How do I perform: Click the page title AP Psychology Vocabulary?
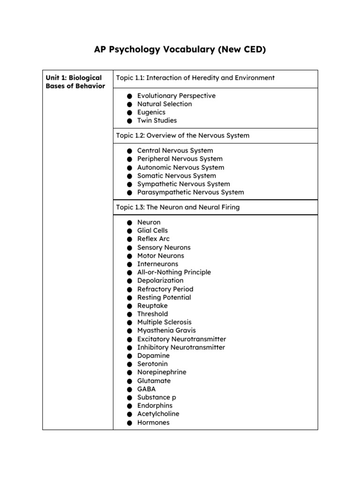pos(180,49)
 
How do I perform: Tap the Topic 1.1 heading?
pos(195,78)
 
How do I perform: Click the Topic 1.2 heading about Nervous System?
pos(182,135)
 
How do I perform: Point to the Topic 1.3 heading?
pos(178,207)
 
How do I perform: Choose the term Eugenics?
pos(151,112)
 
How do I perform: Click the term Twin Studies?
pos(157,120)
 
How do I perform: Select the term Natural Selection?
pos(164,104)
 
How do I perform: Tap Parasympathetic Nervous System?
pos(190,192)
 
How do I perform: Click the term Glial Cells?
pos(152,231)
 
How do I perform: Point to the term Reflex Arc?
pos(153,239)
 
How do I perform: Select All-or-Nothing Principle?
pos(174,272)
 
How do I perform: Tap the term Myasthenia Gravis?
pos(166,330)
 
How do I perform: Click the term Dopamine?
pos(153,356)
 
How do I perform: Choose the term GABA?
pos(146,389)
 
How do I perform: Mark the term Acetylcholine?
pos(158,414)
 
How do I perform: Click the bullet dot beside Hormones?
pos(129,423)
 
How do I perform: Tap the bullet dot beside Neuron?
pos(129,223)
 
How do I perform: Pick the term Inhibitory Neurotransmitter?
pos(181,347)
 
